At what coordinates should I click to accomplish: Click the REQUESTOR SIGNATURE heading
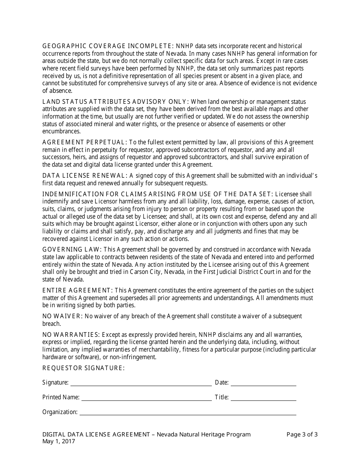(x=83, y=368)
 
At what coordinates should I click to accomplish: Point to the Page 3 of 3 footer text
(x=302, y=435)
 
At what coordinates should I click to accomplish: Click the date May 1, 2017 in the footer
(x=59, y=441)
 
